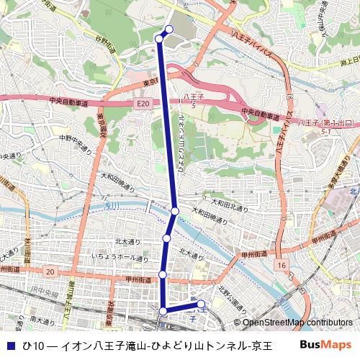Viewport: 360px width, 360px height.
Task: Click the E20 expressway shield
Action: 143,104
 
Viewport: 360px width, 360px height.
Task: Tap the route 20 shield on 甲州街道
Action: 49,271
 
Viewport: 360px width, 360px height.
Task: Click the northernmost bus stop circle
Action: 169,30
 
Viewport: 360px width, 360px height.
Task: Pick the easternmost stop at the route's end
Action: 201,304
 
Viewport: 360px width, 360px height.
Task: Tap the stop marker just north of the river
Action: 175,211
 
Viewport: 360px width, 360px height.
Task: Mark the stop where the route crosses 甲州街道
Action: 163,274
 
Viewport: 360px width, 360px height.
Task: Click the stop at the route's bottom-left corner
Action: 163,311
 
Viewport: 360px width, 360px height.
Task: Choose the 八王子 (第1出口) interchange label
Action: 328,124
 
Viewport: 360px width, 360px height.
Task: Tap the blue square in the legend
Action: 9,346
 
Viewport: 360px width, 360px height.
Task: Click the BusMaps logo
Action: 325,345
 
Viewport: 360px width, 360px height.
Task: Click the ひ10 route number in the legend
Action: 33,346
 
